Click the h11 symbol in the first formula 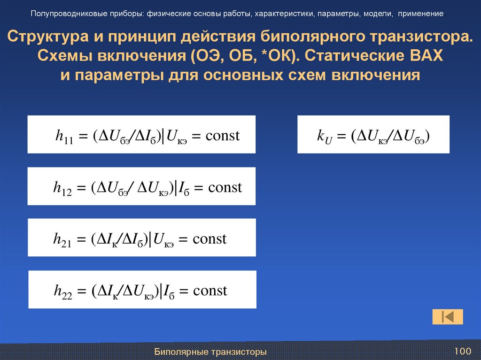pyautogui.click(x=64, y=137)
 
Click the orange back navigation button pyautogui.click(x=447, y=317)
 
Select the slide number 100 pyautogui.click(x=462, y=351)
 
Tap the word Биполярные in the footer pyautogui.click(x=181, y=352)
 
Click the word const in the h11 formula pyautogui.click(x=223, y=136)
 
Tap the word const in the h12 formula pyautogui.click(x=225, y=188)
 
